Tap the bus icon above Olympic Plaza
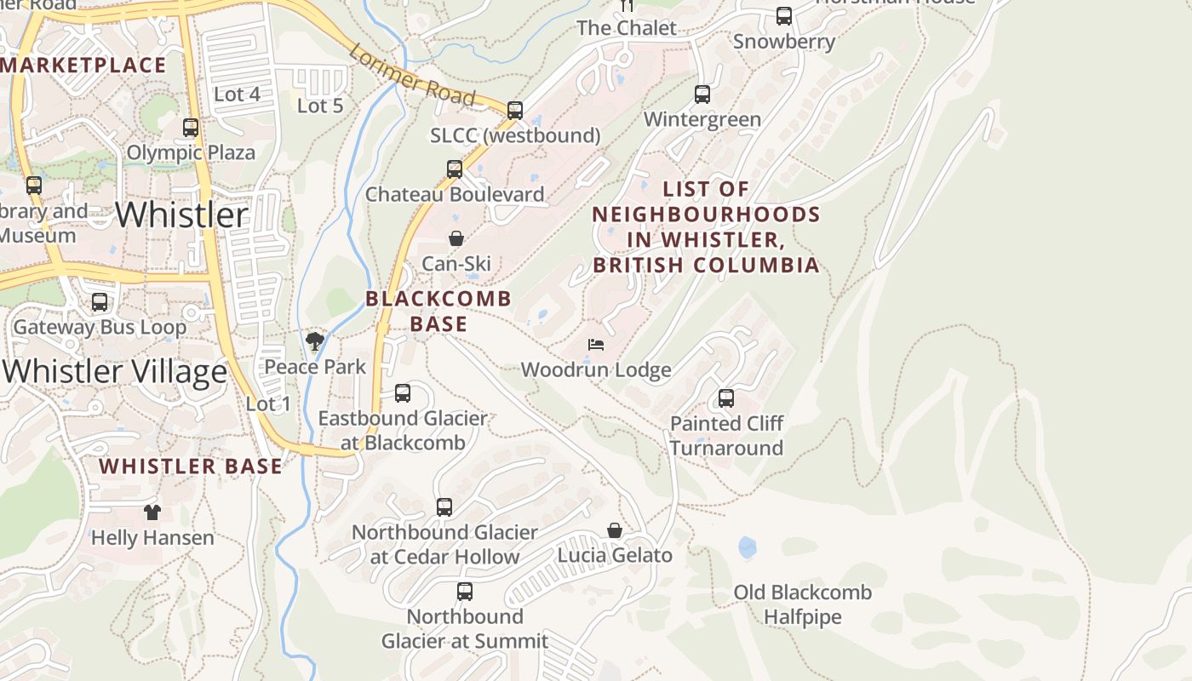191,128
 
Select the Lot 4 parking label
237,94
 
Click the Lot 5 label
320,106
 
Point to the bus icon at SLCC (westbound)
514,111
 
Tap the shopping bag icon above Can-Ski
456,238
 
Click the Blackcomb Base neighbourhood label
438,311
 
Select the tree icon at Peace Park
315,342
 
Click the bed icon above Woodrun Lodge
596,345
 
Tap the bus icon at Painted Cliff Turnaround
726,398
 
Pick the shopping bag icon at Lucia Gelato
615,530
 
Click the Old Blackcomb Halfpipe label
803,604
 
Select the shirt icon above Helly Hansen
152,512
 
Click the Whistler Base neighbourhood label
190,466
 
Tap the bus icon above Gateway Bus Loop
100,302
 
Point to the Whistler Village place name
115,372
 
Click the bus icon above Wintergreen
702,94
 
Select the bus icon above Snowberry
784,16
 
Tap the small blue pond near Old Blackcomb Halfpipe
748,547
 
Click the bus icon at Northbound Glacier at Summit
465,591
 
